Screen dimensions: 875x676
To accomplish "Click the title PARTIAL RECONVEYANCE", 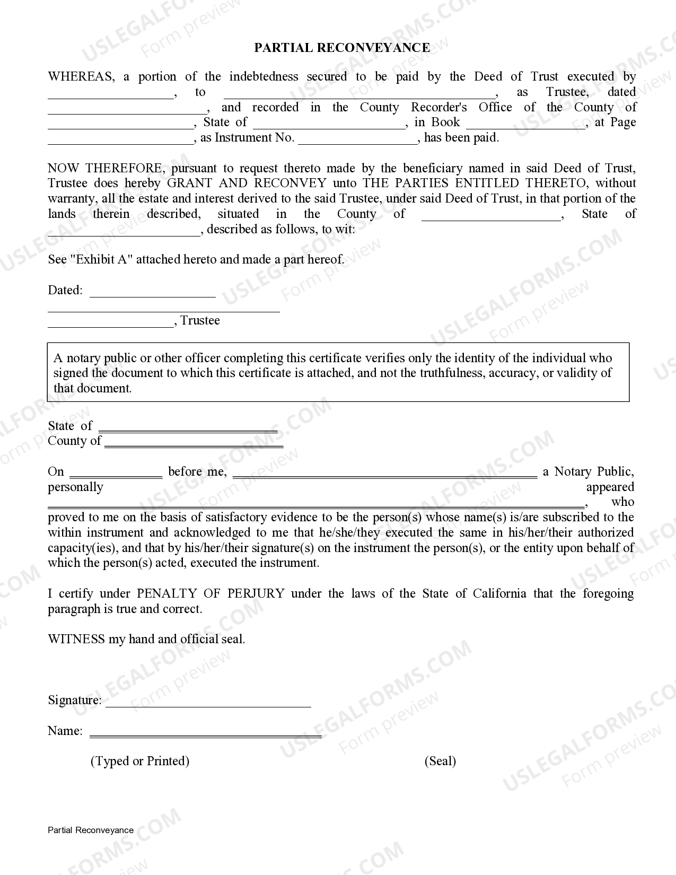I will [342, 48].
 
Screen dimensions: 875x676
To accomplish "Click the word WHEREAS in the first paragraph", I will [80, 77].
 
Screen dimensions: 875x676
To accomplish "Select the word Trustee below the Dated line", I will [200, 321].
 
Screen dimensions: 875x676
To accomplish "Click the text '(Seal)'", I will [440, 762].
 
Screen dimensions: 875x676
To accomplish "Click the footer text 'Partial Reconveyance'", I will [91, 830].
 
